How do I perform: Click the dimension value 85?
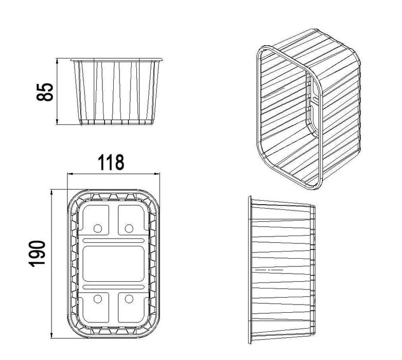pyautogui.click(x=45, y=92)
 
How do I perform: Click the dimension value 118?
pyautogui.click(x=111, y=163)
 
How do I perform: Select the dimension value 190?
pyautogui.click(x=37, y=254)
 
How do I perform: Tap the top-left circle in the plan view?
pyautogui.click(x=98, y=228)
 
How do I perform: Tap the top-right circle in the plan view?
pyautogui.click(x=129, y=228)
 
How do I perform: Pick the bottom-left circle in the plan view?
pyautogui.click(x=98, y=299)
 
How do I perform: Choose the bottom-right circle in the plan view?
pyautogui.click(x=129, y=299)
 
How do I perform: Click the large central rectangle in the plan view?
pyautogui.click(x=114, y=264)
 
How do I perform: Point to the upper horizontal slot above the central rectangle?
pyautogui.click(x=114, y=240)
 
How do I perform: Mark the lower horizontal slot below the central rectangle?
pyautogui.click(x=114, y=287)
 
